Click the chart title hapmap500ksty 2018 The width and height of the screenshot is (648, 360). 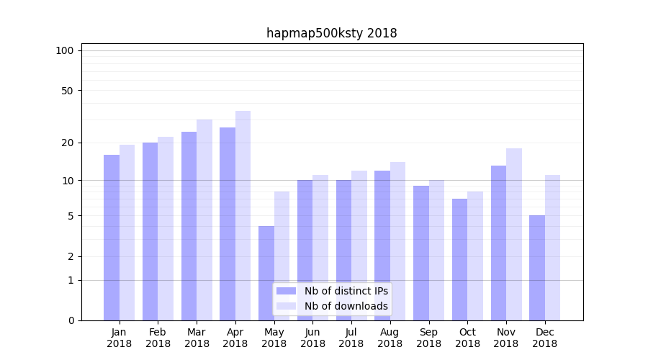[331, 33]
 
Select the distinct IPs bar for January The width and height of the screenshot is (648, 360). [112, 238]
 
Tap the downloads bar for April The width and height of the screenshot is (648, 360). [243, 216]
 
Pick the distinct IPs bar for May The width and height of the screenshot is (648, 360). [266, 274]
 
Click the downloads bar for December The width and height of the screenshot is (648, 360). [552, 248]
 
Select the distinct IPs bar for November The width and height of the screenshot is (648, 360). [498, 243]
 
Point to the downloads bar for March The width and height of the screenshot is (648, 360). [204, 220]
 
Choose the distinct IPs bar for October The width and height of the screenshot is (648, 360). [459, 259]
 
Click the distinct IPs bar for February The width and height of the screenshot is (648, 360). [150, 230]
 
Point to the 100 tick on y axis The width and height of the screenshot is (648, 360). [65, 50]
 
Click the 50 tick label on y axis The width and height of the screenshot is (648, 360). [68, 91]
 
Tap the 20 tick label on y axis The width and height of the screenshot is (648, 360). [68, 143]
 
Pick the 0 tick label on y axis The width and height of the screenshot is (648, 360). [71, 320]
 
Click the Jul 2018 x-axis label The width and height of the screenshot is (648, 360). [351, 338]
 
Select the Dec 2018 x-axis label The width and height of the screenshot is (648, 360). [544, 338]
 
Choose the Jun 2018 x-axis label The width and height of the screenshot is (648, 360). [312, 338]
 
